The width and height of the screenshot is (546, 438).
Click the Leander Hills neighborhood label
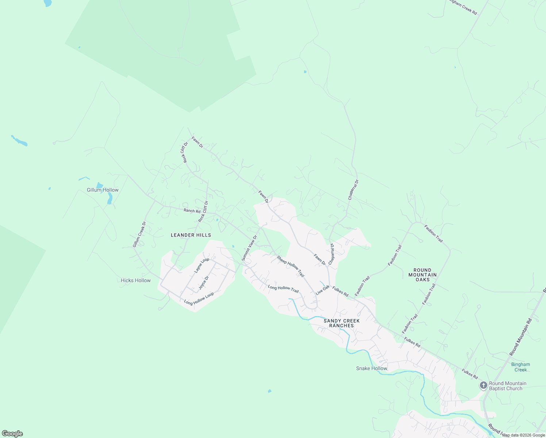click(x=191, y=235)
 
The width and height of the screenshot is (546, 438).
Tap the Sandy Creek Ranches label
click(x=342, y=323)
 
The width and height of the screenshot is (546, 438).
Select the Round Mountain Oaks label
click(x=422, y=275)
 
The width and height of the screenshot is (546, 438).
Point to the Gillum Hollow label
click(x=103, y=190)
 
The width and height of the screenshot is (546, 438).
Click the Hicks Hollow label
click(x=136, y=280)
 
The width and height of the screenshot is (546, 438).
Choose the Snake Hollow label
click(x=372, y=368)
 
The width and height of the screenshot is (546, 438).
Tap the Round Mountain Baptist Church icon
click(x=483, y=385)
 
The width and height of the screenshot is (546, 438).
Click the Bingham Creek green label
click(x=520, y=367)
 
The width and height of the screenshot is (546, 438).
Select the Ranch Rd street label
click(x=192, y=211)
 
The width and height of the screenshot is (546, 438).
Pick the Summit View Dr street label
click(x=249, y=248)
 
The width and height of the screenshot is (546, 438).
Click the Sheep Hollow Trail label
click(x=291, y=266)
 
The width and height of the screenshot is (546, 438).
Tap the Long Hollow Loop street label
click(x=199, y=299)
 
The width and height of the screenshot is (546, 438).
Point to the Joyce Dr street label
click(x=204, y=283)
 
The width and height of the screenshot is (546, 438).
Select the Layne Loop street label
click(x=202, y=265)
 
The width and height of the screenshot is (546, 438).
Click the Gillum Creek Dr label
click(x=139, y=234)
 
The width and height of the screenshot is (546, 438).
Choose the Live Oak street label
click(x=323, y=290)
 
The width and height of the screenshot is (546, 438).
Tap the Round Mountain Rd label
click(x=521, y=337)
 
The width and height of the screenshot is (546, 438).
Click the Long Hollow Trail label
click(x=283, y=289)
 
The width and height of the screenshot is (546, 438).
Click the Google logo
click(x=12, y=433)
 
